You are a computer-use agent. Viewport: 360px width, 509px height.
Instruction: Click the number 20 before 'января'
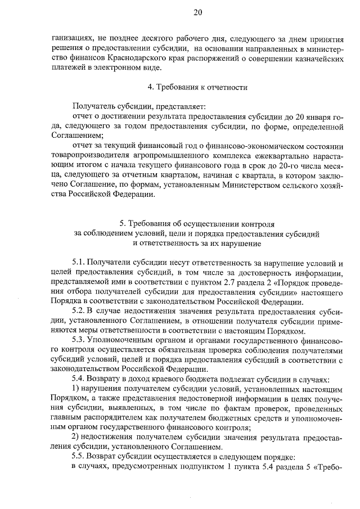pos(294,116)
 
